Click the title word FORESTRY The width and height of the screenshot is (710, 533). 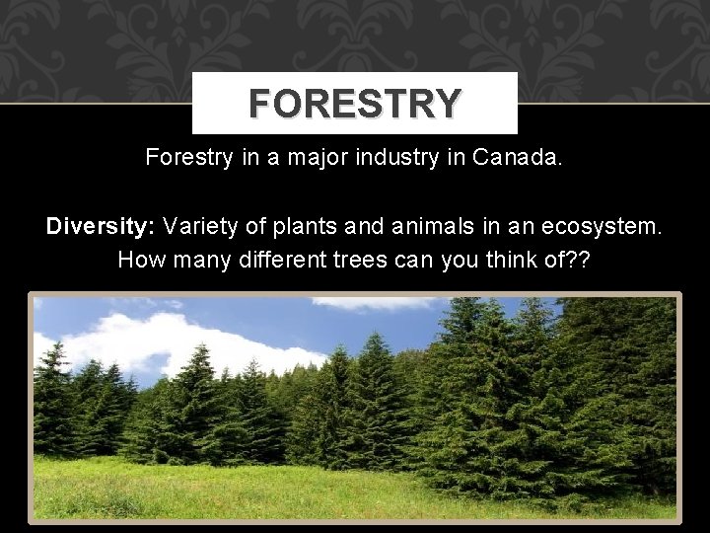354,103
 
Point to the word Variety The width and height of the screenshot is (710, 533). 200,226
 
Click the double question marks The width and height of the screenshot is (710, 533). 581,260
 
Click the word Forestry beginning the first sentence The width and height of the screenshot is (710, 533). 186,157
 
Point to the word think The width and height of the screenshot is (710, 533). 499,260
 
